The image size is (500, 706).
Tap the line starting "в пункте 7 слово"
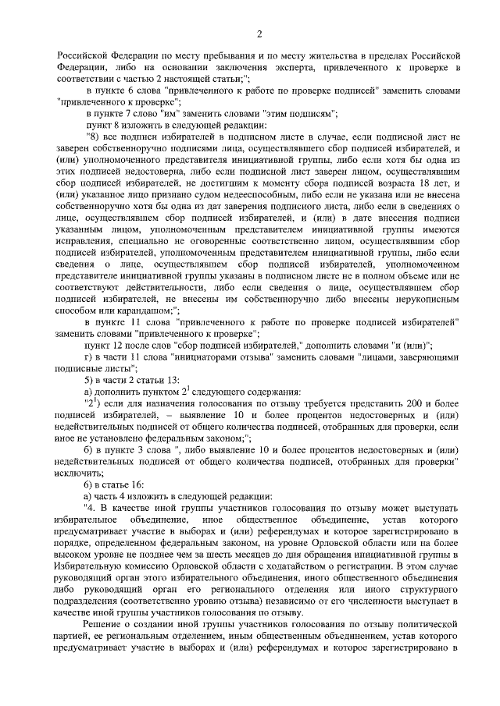click(211, 113)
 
